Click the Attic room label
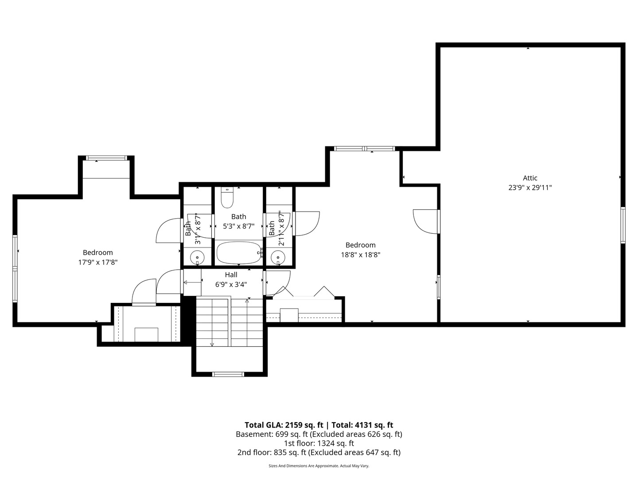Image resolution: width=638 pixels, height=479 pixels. coord(530,178)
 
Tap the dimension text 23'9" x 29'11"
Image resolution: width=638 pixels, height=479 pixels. coord(530,188)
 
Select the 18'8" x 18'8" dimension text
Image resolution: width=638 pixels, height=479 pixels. coord(360,255)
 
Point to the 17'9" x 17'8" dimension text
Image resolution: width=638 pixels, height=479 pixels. coord(97,262)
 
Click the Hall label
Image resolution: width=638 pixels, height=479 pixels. coord(231,275)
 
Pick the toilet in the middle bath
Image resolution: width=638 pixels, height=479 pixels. coord(227,198)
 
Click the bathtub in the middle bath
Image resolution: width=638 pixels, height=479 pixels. coord(238,253)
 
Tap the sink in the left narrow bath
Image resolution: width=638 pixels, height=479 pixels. coord(197,256)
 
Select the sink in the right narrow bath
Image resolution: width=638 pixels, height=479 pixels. coord(278,256)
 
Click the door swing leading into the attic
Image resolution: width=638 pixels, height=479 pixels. coord(425,220)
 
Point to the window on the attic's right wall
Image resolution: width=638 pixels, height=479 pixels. coord(622,225)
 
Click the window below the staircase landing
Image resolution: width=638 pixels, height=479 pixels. coord(228,374)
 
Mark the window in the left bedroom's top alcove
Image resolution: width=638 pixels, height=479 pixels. coord(106,158)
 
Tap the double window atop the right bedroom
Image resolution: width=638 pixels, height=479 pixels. coord(364,149)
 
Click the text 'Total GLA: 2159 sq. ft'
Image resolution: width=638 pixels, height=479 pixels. coord(284,425)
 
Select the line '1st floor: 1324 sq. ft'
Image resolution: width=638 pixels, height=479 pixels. coord(319,443)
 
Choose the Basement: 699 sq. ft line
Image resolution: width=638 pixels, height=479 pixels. coord(319,434)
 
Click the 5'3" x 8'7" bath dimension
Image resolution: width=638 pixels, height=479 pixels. coord(238,226)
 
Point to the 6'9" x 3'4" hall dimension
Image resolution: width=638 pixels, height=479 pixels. coord(231,285)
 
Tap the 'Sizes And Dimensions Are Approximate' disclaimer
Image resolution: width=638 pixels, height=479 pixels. coord(319,466)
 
